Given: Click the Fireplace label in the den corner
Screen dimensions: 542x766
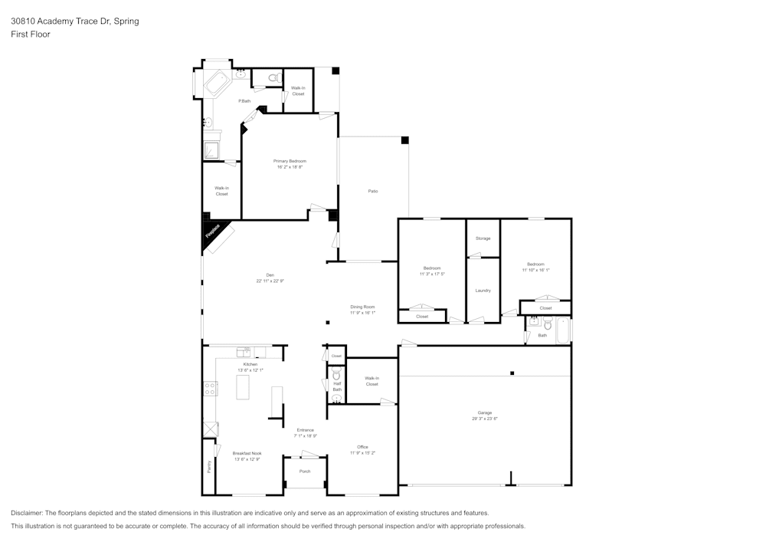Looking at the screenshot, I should pos(212,232).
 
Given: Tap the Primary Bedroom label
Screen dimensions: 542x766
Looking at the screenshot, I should pos(290,161).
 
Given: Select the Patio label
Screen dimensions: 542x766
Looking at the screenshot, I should pos(373,191).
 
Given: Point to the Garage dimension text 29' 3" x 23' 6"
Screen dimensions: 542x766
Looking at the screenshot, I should pos(485,419).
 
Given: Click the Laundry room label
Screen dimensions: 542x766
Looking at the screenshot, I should pos(483,291).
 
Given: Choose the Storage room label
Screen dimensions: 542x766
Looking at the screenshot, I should pos(483,238).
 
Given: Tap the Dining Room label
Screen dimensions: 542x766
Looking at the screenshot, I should pos(362,307).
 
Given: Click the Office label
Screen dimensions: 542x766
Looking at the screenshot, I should pos(362,447).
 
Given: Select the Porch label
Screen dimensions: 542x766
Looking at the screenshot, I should pos(305,471).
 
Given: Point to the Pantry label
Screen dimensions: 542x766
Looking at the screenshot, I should pos(208,465).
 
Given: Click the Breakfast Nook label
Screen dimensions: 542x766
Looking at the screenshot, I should pos(247,453).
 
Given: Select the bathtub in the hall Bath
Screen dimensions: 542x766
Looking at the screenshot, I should pos(563,330).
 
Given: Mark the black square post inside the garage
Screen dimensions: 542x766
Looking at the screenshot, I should pos(512,373).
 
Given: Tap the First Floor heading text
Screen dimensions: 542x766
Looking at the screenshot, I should pos(31,34).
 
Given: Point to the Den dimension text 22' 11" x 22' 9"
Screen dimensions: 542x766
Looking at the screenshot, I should pos(270,281).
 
